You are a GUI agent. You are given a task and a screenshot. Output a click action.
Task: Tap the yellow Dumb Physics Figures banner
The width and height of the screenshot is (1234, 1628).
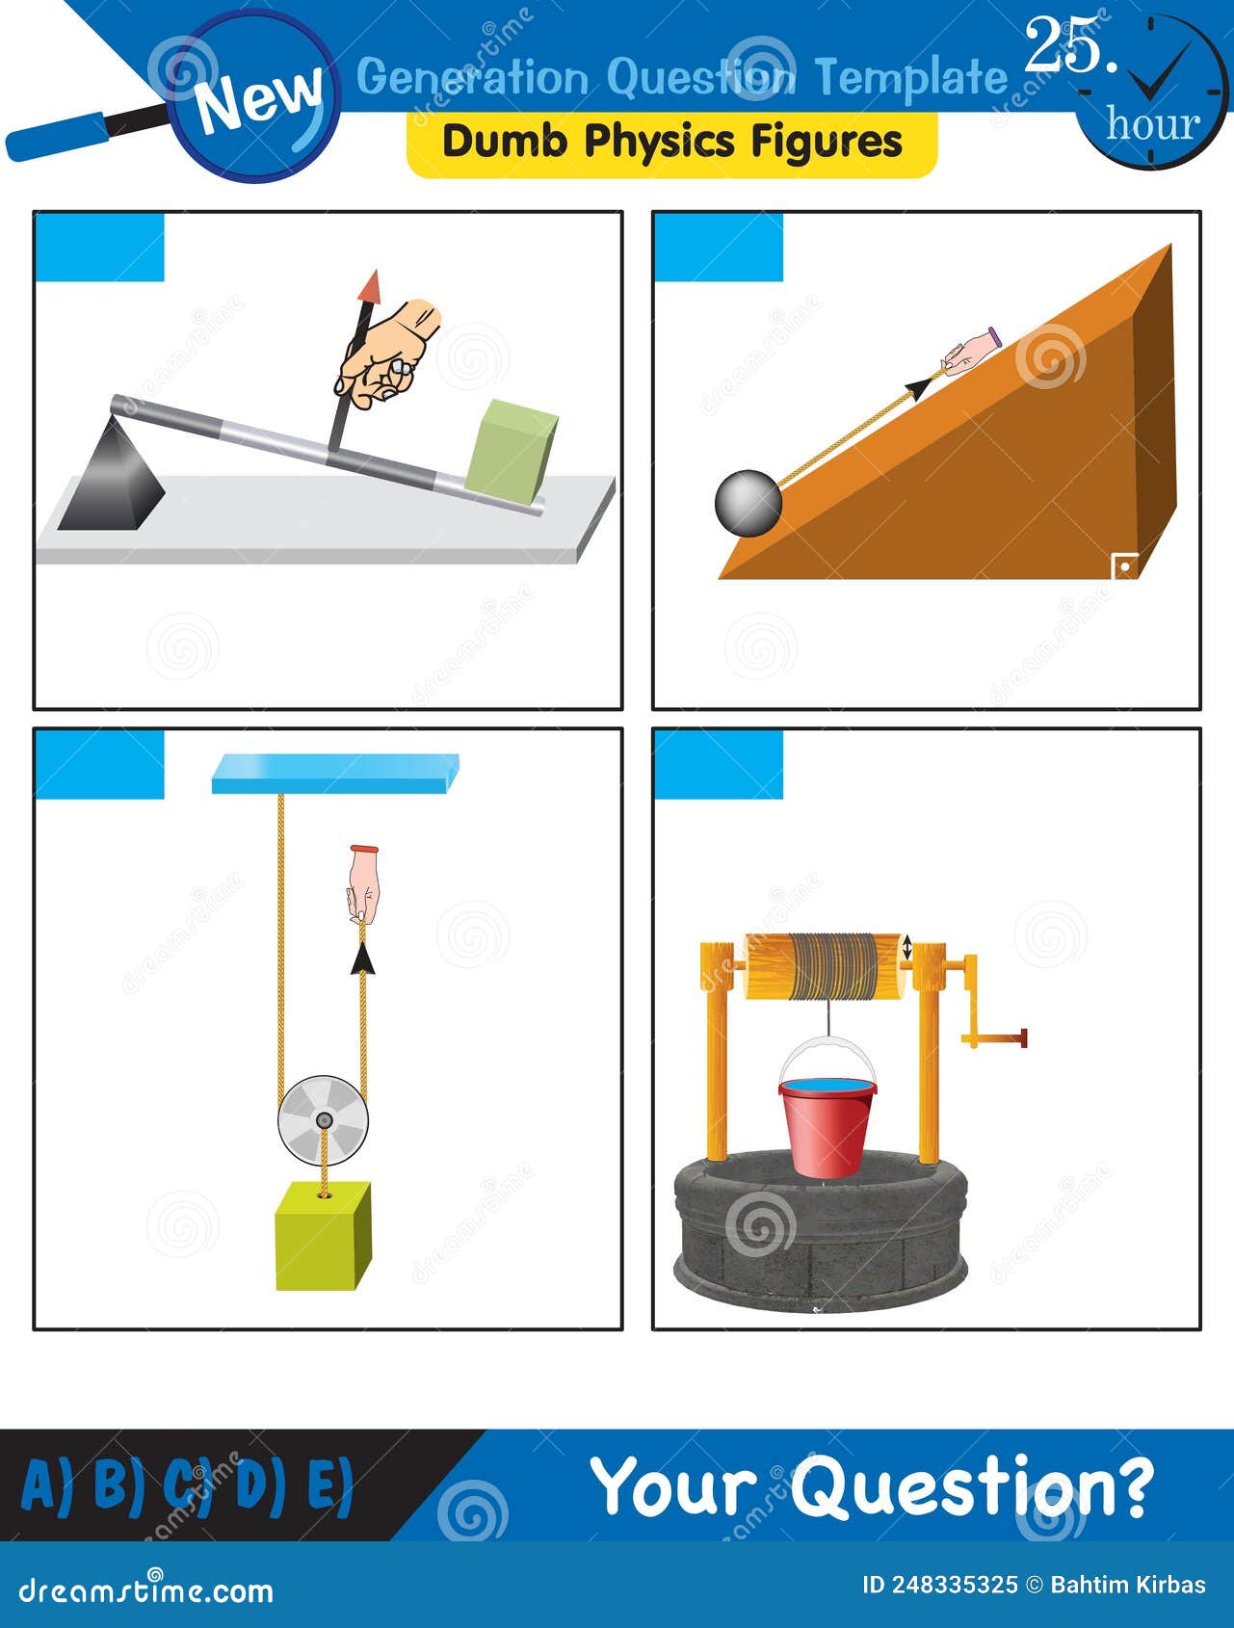tap(671, 143)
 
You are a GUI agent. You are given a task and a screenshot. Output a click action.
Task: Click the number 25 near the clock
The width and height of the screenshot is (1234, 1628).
tap(1069, 46)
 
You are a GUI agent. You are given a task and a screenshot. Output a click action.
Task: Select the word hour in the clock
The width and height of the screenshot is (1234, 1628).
tap(1152, 123)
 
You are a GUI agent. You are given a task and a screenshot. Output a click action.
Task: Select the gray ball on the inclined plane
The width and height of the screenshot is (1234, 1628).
tap(748, 502)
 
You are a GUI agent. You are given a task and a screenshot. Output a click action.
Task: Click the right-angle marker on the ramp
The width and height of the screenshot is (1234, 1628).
tap(1123, 566)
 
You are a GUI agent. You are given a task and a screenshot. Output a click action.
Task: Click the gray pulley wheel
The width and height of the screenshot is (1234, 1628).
tap(323, 1119)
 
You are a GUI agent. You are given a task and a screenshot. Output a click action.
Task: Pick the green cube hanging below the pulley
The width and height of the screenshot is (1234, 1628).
tap(323, 1236)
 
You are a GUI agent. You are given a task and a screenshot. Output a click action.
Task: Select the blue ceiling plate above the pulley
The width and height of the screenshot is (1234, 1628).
tap(334, 774)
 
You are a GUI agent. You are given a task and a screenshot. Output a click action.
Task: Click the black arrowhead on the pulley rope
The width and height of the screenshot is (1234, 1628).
tap(362, 958)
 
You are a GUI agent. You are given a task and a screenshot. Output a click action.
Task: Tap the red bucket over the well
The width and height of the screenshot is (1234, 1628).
tap(827, 1125)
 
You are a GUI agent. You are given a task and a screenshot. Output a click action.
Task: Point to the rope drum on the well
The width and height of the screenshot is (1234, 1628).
tap(826, 966)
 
